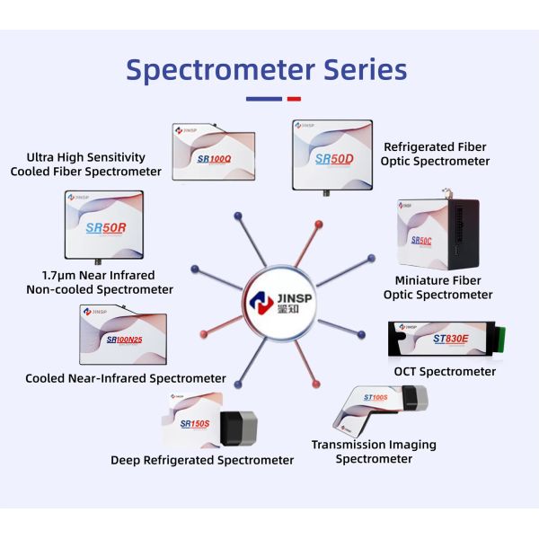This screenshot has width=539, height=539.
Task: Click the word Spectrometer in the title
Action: pos(213,70)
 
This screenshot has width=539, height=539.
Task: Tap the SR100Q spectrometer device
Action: pos(214,153)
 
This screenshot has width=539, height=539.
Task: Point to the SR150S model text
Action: pos(194,423)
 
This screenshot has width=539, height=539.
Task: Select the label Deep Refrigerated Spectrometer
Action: pos(202,460)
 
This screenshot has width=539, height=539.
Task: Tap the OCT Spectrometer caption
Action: pos(446,371)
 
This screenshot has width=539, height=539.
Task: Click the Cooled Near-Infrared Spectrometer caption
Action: pos(126,378)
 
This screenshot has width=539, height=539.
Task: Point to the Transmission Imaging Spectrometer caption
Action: pos(374,451)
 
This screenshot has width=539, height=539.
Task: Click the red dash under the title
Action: pos(293,99)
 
